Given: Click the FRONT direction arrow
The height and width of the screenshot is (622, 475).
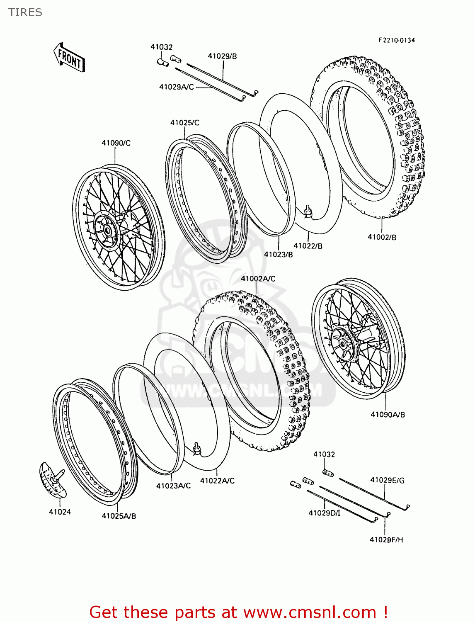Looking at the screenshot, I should tap(69, 58).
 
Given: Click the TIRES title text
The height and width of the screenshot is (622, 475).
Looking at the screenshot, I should tap(25, 12).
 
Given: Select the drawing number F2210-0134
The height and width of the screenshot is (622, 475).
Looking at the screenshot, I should tap(396, 40).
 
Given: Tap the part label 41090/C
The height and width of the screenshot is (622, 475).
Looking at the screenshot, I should tap(116, 143).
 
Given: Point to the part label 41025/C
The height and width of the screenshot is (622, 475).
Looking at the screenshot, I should tap(184, 123).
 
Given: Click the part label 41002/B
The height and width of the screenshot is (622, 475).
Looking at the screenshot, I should tap(382, 237).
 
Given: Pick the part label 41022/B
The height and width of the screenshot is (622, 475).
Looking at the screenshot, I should tap(308, 246).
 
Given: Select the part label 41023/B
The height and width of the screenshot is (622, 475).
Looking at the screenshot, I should tap(278, 254).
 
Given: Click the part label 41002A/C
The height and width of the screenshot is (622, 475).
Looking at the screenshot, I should tap(258, 279).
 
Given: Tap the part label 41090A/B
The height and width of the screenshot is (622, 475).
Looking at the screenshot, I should tap(388, 414).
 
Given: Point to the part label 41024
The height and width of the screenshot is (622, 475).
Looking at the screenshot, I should tap(60, 512).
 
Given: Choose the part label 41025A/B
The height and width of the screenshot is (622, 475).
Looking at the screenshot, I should tap(119, 516).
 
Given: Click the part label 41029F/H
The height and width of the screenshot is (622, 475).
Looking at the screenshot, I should tap(386, 539).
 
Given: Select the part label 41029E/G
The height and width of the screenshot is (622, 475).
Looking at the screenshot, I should tap(387, 480).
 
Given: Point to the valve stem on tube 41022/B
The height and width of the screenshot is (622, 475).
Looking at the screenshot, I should tap(308, 211).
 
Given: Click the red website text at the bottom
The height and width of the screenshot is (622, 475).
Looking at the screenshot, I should tap(238, 612).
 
